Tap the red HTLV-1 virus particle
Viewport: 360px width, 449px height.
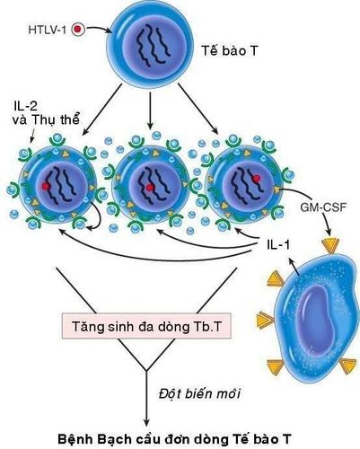pos(77,29)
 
